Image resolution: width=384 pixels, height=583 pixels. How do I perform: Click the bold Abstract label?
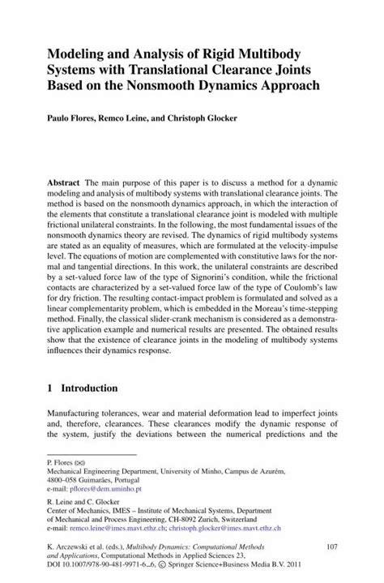pos(65,184)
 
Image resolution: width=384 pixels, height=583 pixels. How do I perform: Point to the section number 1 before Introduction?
pos(50,388)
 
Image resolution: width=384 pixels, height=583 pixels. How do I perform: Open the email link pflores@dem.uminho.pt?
pos(105,490)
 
